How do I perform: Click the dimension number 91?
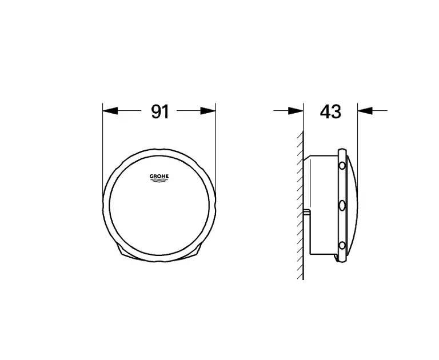160,111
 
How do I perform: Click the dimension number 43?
330,111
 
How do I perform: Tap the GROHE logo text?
159,177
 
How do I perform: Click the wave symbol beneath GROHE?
159,181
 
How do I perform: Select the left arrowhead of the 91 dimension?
110,111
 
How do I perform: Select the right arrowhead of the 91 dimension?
208,111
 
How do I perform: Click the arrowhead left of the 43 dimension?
296,111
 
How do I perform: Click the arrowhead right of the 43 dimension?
365,111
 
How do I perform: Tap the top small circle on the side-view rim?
342,166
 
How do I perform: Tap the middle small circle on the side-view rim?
342,206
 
